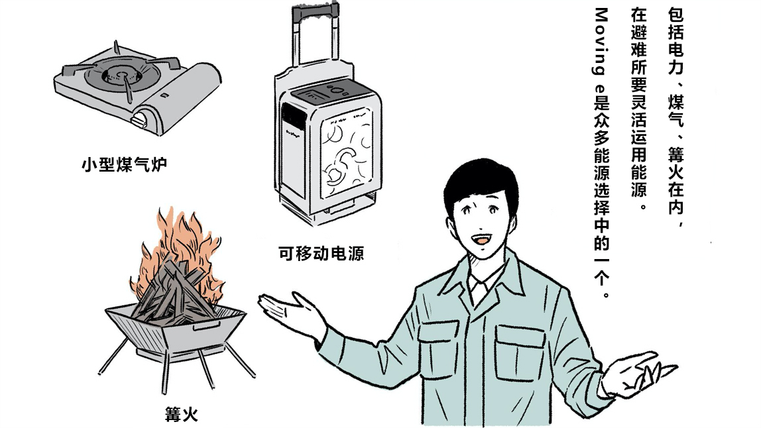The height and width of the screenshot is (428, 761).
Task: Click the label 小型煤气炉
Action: click(124, 164)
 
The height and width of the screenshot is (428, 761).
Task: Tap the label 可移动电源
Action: click(321, 253)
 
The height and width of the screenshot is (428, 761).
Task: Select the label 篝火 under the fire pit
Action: click(181, 415)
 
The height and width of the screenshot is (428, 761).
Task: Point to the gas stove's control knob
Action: click(141, 119)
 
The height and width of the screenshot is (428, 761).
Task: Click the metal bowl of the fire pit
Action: click(175, 330)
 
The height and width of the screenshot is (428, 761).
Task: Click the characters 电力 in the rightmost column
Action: click(675, 58)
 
